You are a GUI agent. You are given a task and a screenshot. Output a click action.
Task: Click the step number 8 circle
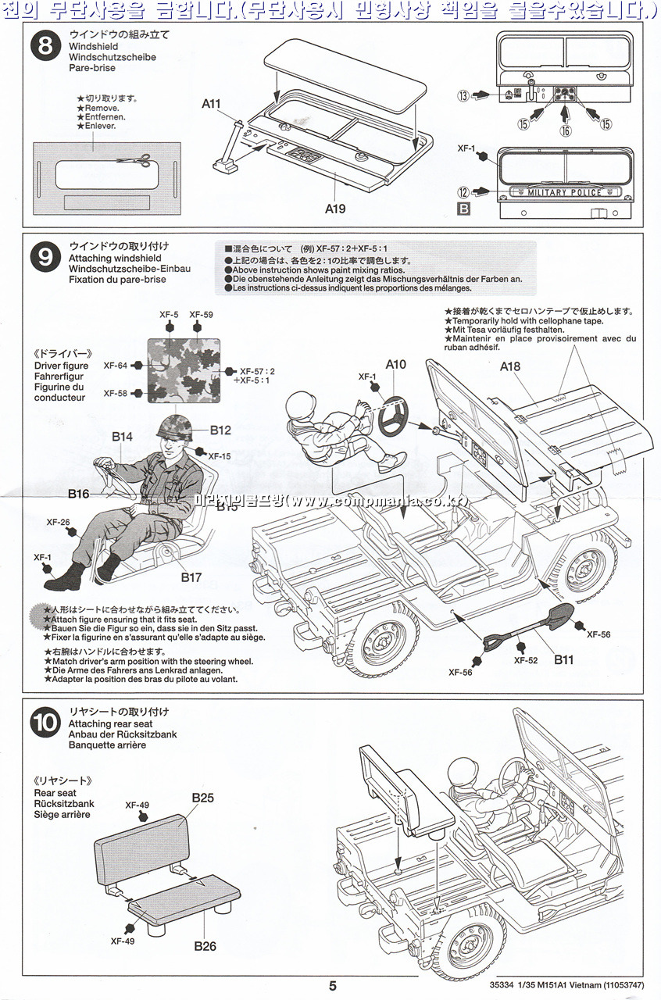[x=45, y=45]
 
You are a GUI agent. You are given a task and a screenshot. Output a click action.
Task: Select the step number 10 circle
[x=45, y=723]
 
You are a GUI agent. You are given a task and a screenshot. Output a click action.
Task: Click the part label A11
[x=211, y=103]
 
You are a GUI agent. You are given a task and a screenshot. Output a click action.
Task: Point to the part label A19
[x=335, y=209]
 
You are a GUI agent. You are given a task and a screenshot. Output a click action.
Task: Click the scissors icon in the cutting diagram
[x=134, y=162]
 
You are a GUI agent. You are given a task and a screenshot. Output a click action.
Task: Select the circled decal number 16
[x=565, y=131]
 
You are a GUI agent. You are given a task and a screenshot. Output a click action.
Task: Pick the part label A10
[x=396, y=364]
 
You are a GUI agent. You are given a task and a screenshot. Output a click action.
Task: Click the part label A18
[x=510, y=366]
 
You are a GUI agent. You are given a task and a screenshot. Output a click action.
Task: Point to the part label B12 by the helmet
[x=220, y=430]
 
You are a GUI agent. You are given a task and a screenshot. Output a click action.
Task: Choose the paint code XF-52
[x=526, y=660]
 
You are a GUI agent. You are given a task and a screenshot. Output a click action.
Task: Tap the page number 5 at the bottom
[x=332, y=986]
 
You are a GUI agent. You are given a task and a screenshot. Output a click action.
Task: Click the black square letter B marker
[x=463, y=208]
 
